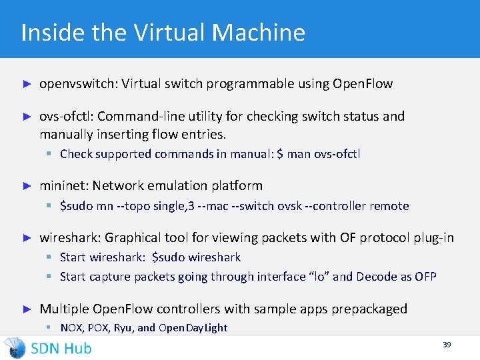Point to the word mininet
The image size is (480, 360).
point(64,185)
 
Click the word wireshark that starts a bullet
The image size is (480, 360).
point(69,237)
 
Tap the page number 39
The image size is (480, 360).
point(447,345)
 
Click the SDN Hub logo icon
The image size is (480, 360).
point(15,347)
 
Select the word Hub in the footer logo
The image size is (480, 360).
point(77,347)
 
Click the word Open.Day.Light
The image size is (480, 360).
point(193,328)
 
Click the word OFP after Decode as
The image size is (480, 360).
point(425,276)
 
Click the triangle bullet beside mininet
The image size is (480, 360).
point(27,185)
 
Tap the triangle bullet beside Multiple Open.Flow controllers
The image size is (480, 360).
point(27,309)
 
